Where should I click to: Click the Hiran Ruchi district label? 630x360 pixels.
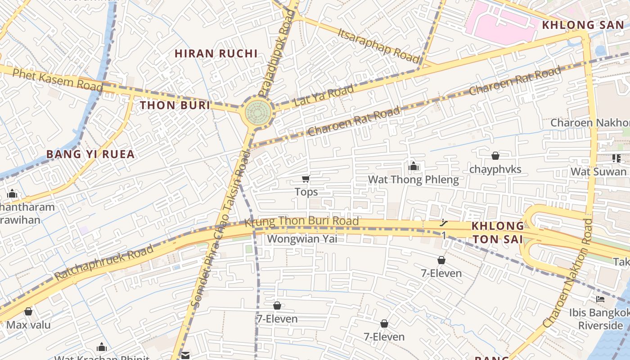[x=216, y=54]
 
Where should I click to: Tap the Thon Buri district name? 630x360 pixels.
[x=175, y=105]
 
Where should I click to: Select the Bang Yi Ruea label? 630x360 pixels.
[x=90, y=154]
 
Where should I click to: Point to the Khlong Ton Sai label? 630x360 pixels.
[x=498, y=233]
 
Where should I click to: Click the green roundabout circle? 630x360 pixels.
[x=258, y=113]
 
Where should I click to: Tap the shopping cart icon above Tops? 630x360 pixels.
[x=306, y=179]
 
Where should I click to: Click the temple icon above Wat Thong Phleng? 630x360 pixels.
[x=414, y=166]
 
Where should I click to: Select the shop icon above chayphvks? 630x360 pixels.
[x=495, y=156]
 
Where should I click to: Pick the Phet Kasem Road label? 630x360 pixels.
[x=58, y=80]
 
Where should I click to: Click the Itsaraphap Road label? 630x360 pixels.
[x=378, y=46]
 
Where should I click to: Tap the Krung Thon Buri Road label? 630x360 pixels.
[x=301, y=221]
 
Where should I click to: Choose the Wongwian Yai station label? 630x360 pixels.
[x=302, y=238]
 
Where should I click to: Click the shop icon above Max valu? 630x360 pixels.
[x=28, y=311]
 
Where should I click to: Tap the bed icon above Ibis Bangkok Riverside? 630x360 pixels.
[x=600, y=299]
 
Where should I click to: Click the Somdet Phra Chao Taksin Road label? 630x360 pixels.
[x=221, y=229]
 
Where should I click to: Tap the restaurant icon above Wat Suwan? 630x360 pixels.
[x=616, y=158]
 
